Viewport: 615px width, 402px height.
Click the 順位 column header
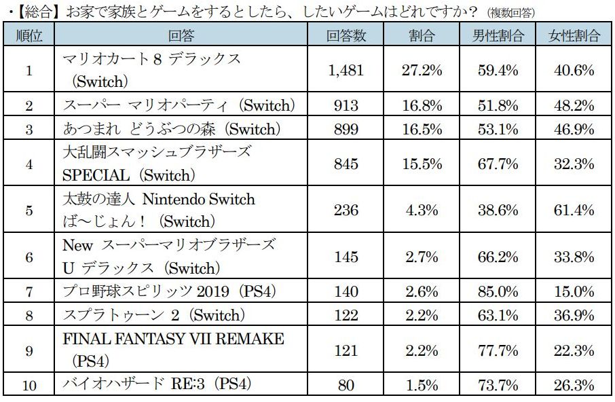(29, 36)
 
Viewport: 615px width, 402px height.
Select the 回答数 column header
(346, 36)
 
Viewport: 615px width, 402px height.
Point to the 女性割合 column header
(574, 36)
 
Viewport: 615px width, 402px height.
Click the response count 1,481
(346, 71)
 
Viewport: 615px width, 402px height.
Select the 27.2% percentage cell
(422, 71)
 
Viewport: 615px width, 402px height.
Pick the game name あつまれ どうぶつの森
(170, 129)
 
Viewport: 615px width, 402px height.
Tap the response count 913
(346, 105)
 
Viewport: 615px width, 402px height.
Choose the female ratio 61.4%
(574, 210)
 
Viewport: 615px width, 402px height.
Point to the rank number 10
(29, 385)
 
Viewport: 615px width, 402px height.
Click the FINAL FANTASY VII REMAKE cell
(172, 349)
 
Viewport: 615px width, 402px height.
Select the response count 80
(346, 385)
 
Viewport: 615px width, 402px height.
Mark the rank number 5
(29, 210)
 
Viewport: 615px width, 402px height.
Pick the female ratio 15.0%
(574, 291)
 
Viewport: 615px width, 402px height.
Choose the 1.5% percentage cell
(422, 385)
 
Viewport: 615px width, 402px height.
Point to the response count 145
(346, 256)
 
